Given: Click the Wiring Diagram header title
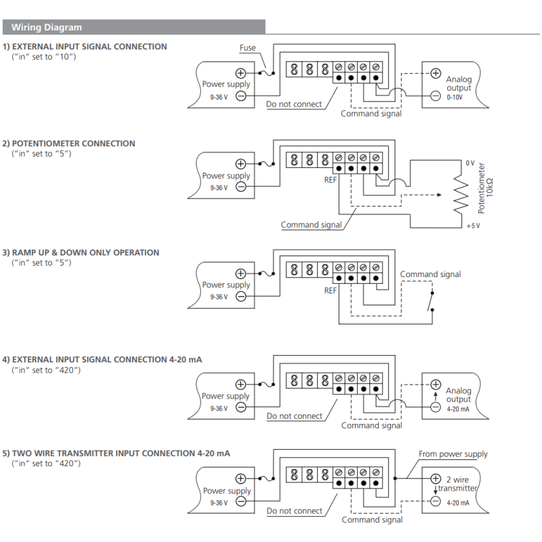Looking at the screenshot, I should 47,28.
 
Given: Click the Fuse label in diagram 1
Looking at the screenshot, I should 248,48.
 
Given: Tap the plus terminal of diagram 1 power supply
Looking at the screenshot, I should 241,73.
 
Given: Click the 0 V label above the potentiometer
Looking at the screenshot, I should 470,163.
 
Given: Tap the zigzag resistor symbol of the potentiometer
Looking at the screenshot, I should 461,194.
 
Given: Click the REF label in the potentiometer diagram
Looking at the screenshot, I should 331,181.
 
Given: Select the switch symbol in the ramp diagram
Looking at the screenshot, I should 432,299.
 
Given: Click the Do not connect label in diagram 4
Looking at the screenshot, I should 294,416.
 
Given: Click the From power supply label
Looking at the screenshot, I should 453,455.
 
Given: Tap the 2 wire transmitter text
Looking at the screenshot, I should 458,484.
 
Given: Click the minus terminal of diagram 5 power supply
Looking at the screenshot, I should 241,503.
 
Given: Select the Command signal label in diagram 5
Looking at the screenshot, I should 372,520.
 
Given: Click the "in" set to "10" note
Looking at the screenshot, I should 44,56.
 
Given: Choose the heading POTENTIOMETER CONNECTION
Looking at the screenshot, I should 73,144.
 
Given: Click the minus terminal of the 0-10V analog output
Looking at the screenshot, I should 436,96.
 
